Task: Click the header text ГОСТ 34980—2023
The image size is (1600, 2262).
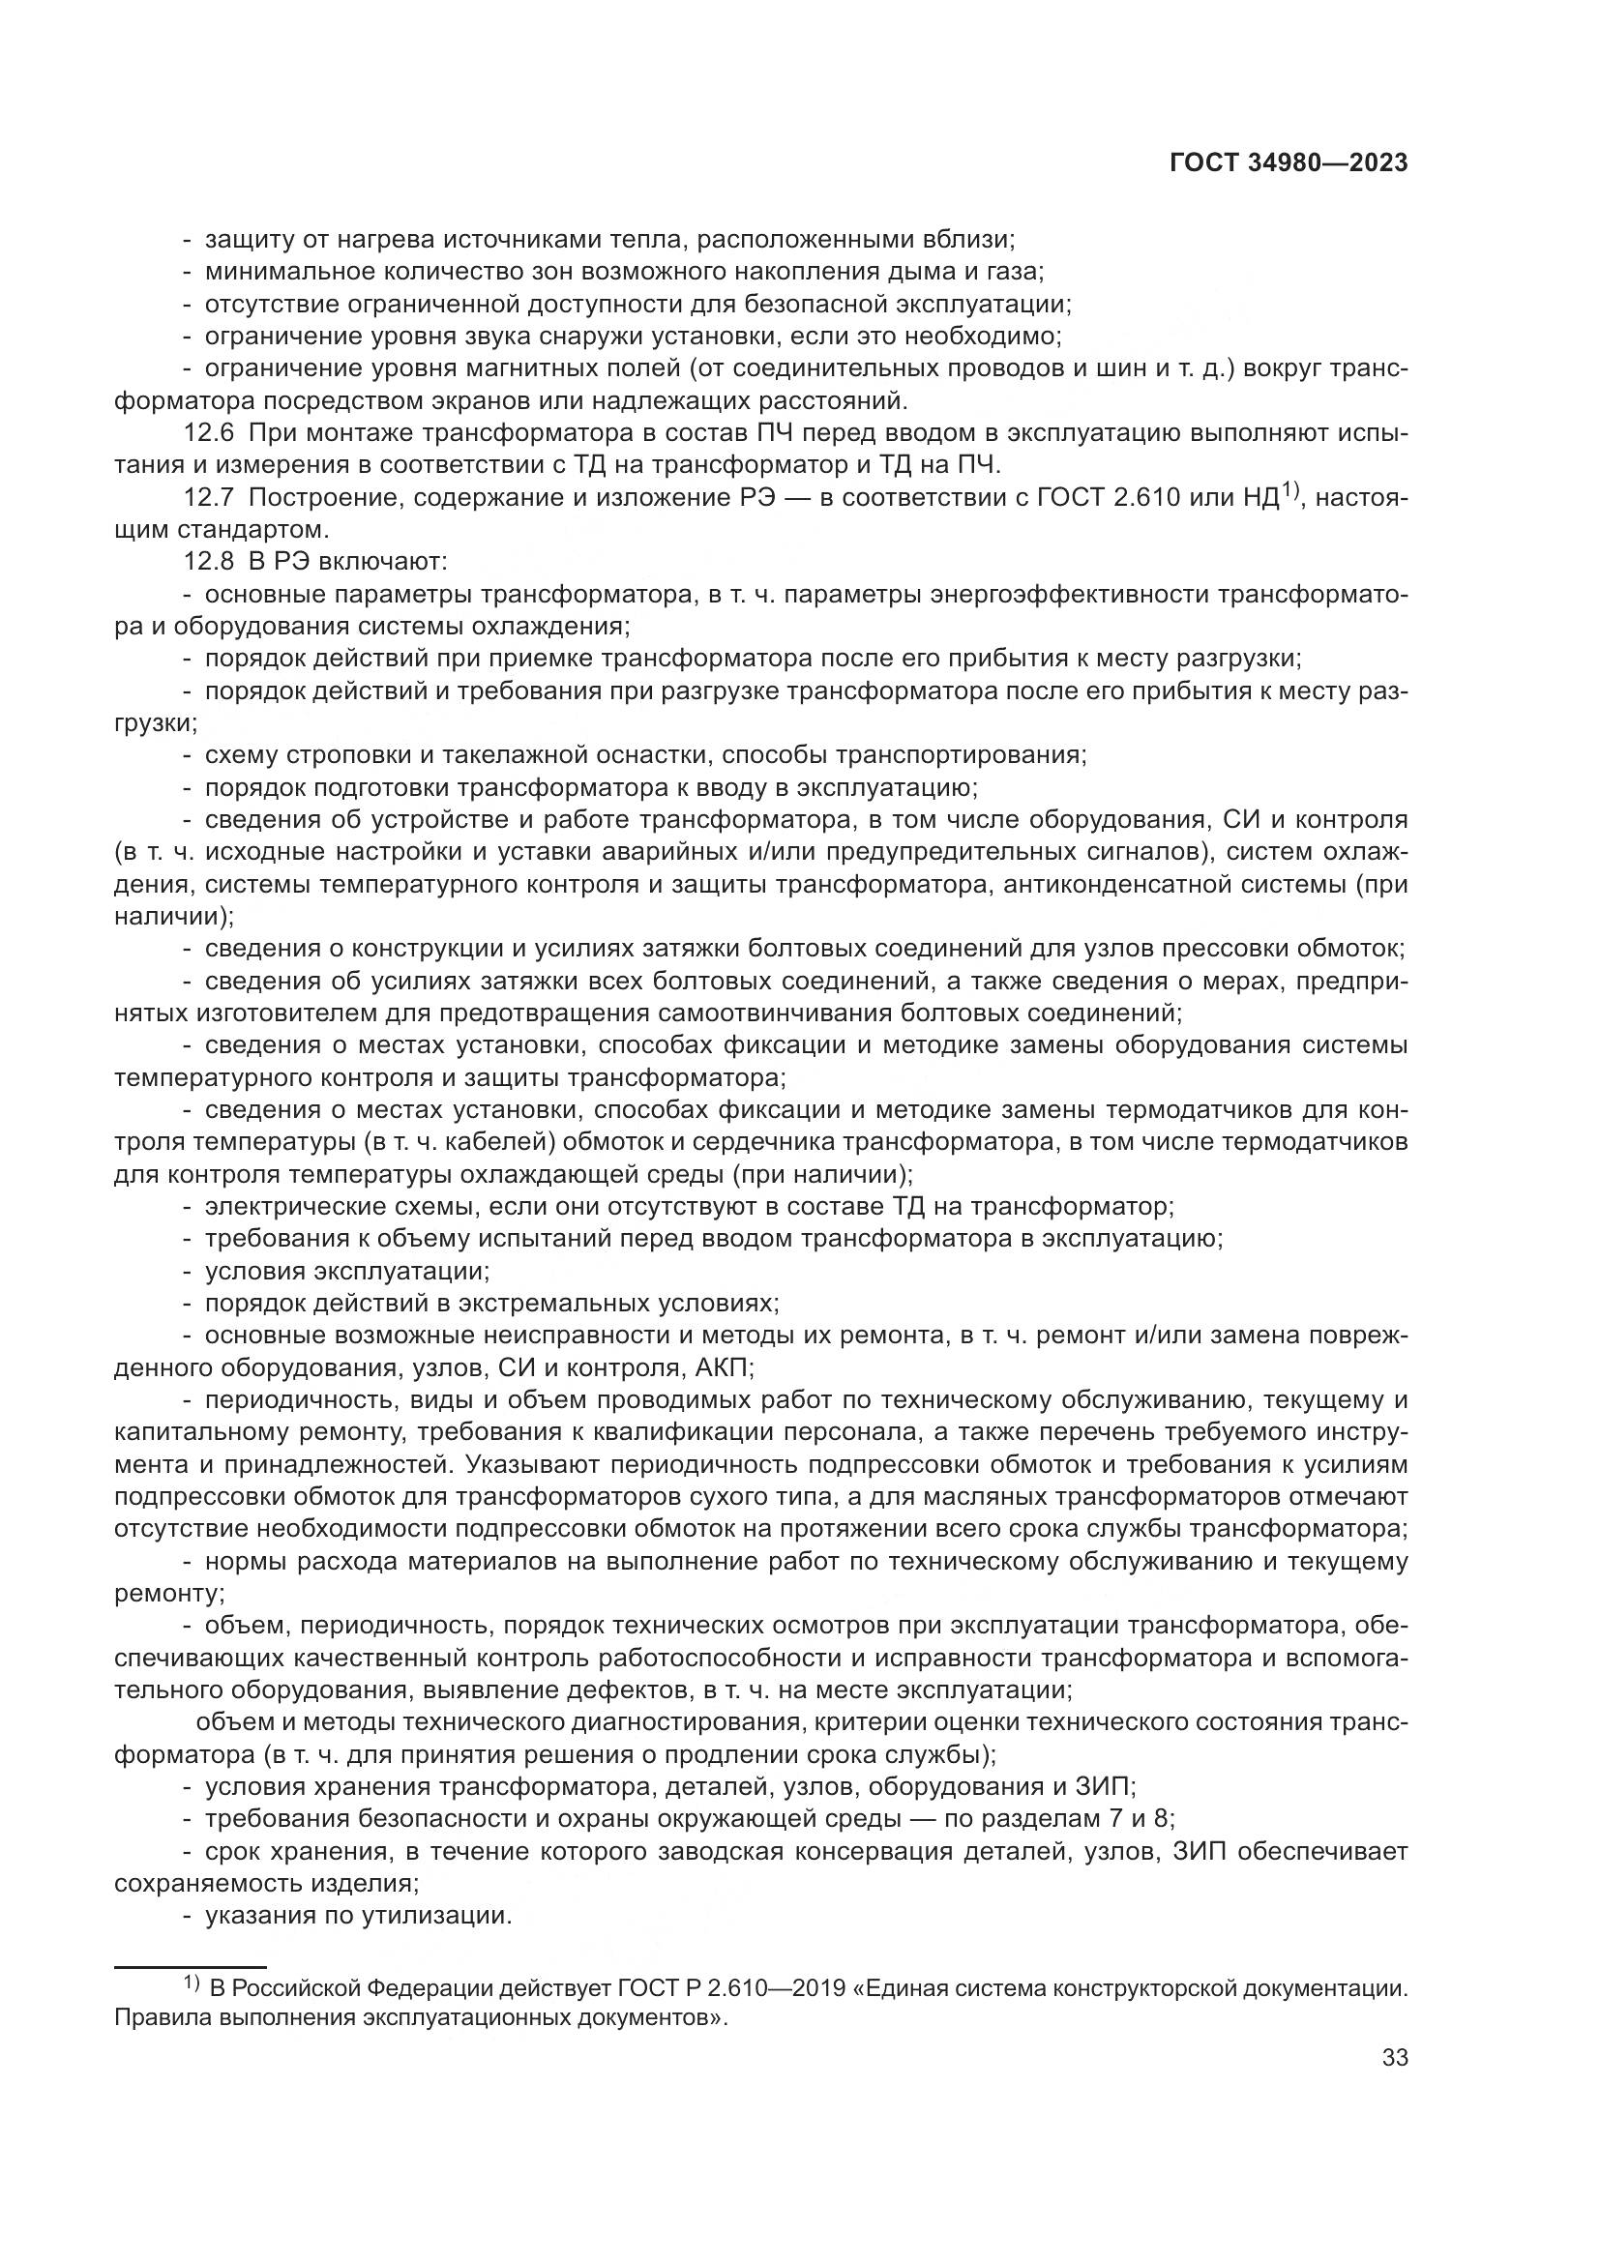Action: pyautogui.click(x=1288, y=163)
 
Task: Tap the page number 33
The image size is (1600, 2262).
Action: pyautogui.click(x=1394, y=2057)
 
